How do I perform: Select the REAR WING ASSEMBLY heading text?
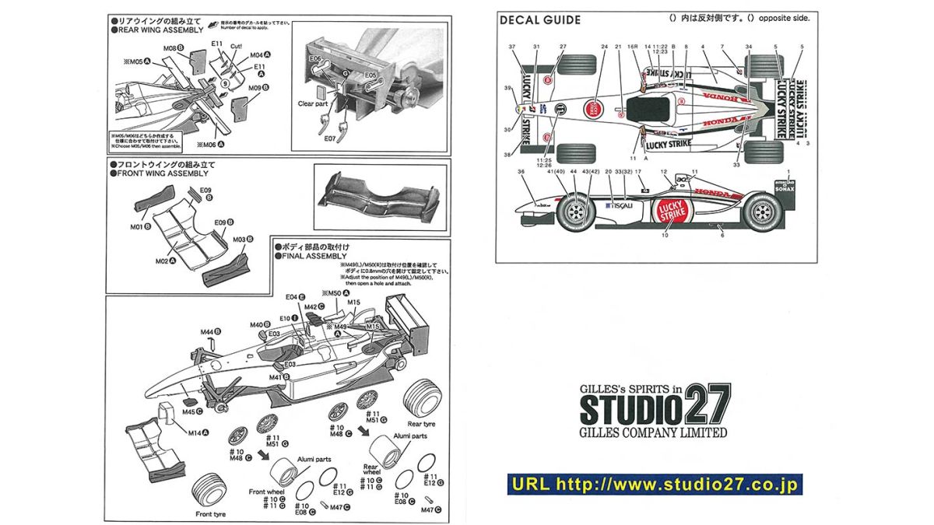pyautogui.click(x=156, y=30)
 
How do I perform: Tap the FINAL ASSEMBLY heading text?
pyautogui.click(x=310, y=256)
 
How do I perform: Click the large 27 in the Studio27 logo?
pyautogui.click(x=706, y=406)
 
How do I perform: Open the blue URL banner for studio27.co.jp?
pyautogui.click(x=654, y=485)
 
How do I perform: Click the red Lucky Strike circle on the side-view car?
pyautogui.click(x=670, y=212)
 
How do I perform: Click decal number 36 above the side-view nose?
pyautogui.click(x=521, y=172)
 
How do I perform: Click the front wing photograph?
pyautogui.click(x=380, y=196)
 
